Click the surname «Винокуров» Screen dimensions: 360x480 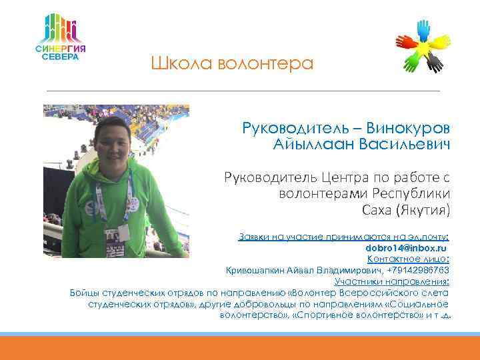click(x=408, y=128)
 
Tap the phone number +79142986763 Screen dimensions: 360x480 click(x=417, y=270)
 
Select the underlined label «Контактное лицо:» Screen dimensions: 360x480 click(x=408, y=259)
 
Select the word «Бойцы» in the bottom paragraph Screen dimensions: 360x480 click(x=83, y=293)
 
